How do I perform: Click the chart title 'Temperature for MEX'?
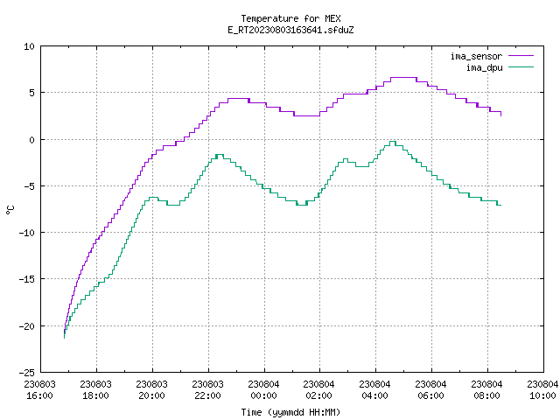290,18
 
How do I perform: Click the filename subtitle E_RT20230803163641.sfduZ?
290,30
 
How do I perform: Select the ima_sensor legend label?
476,56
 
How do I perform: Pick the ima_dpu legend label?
484,67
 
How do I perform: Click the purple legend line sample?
521,56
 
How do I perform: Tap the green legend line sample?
521,66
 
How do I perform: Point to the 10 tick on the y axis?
29,46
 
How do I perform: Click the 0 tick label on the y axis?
31,140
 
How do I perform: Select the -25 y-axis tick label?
27,373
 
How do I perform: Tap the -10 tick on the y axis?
27,233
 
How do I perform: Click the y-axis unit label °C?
10,210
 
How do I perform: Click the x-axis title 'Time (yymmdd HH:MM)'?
290,412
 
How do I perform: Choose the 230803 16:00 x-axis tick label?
40,390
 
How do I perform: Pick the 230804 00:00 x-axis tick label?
264,390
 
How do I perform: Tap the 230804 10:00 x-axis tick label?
542,390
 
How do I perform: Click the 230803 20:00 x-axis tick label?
151,390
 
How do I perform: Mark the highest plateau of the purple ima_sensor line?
403,78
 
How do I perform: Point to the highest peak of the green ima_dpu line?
393,142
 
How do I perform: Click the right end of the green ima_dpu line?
501,205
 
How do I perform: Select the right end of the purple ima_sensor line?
501,115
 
